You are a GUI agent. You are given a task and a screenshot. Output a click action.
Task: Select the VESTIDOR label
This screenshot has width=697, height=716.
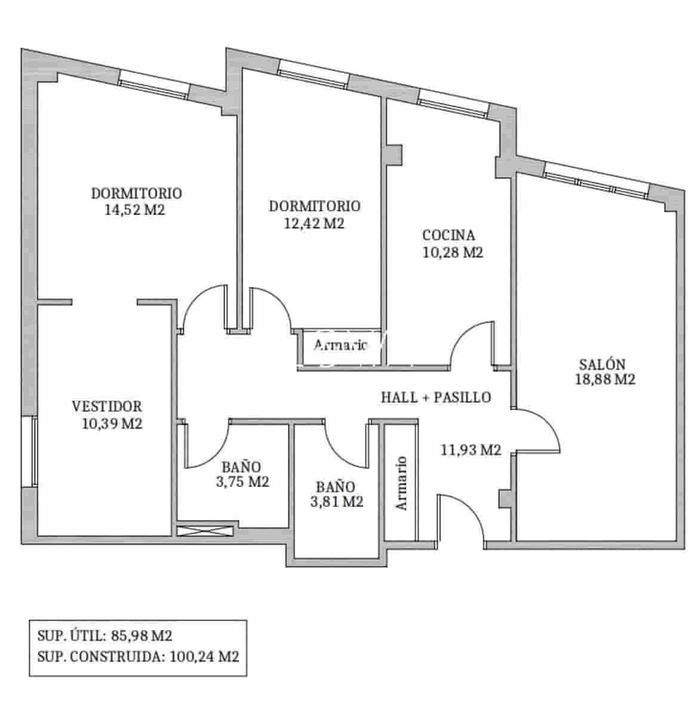(107, 406)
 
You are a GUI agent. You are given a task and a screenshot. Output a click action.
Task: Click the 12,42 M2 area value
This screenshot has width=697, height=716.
(315, 223)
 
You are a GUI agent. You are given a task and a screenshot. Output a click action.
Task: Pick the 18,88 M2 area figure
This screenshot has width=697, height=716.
(604, 379)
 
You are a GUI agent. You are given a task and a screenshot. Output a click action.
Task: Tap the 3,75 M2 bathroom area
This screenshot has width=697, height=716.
(242, 482)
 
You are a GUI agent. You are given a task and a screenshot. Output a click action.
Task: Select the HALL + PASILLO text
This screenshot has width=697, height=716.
(436, 397)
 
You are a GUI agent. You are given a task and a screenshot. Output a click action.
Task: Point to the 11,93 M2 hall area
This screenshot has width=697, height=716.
(471, 450)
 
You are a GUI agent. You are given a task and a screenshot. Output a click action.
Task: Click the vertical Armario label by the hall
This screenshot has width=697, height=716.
(402, 483)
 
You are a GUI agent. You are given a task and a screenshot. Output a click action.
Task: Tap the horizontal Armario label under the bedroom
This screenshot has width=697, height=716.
(340, 345)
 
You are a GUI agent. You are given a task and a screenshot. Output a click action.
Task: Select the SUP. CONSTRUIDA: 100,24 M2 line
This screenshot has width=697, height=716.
(138, 657)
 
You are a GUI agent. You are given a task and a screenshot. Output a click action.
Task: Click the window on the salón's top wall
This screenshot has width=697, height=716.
(596, 180)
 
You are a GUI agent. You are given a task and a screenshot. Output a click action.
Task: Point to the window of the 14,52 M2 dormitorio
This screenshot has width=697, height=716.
(154, 84)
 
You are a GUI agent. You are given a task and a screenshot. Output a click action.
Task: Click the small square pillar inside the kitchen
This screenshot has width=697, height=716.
(394, 154)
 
